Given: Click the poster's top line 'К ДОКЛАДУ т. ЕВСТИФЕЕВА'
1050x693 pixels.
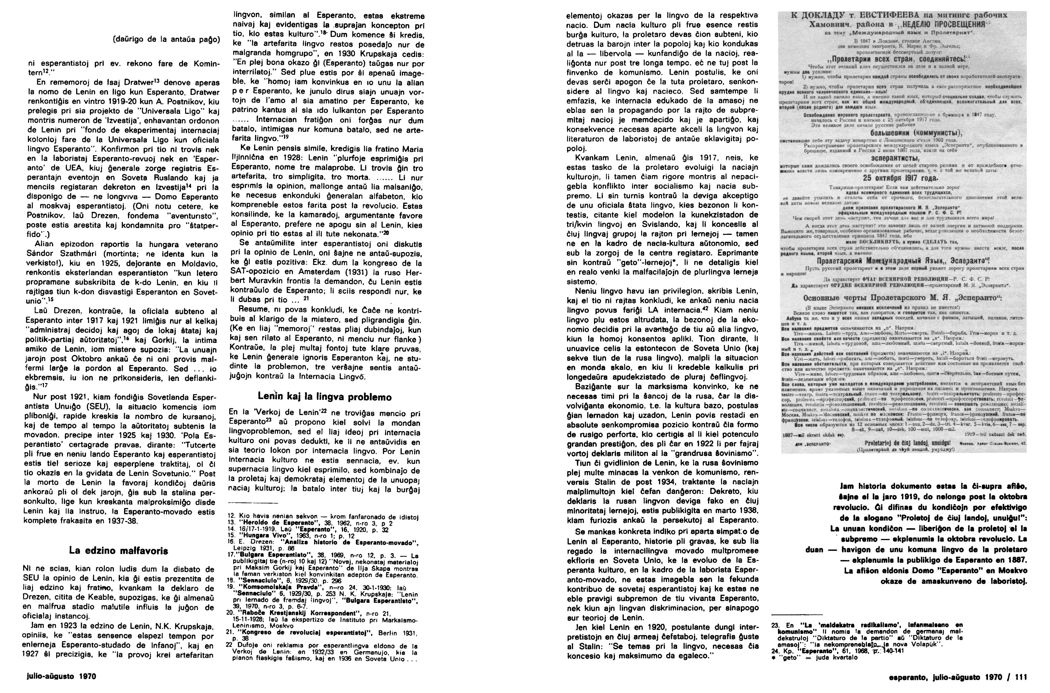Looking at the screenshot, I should point(903,15).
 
